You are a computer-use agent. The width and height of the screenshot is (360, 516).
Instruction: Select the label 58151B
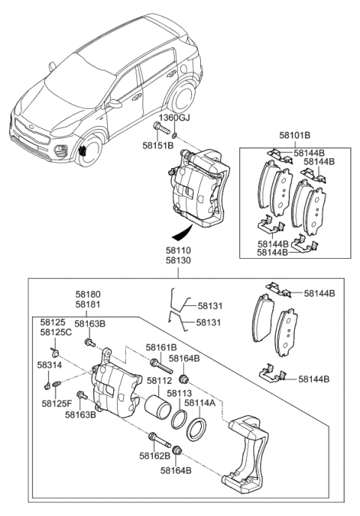click(159, 145)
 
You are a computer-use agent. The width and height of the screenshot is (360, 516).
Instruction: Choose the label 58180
click(88, 295)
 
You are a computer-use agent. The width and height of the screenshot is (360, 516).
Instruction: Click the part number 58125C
click(55, 332)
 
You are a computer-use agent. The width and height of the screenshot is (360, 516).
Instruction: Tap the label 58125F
click(57, 403)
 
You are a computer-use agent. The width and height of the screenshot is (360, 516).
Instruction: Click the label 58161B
click(160, 347)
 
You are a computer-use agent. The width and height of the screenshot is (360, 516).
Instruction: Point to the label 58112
click(160, 381)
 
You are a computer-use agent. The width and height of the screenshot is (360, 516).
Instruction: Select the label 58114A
click(200, 403)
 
